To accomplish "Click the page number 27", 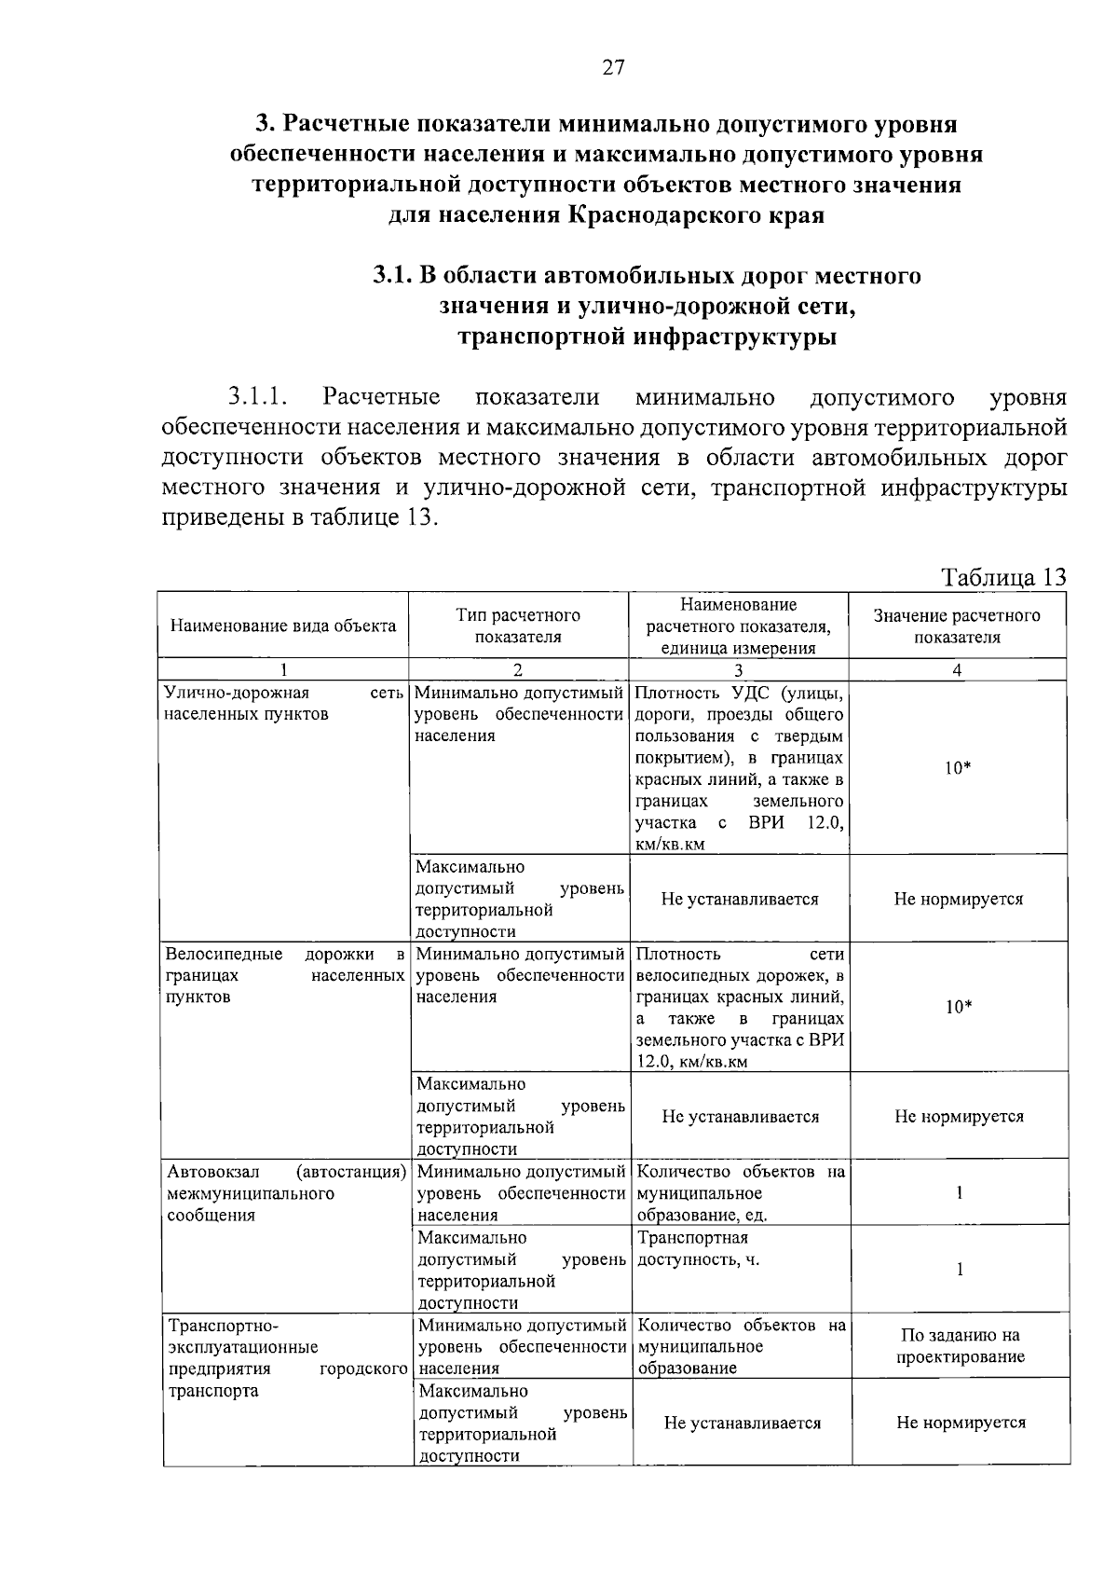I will tap(614, 67).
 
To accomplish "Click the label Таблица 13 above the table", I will tap(1003, 577).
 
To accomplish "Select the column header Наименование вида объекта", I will tap(282, 626).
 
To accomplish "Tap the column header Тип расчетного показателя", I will tap(518, 626).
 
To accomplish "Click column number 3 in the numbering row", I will tap(738, 669).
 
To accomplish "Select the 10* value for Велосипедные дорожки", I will tap(958, 1007).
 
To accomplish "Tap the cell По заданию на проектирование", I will tap(960, 1346).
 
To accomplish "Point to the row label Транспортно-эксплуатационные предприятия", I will tap(285, 1358).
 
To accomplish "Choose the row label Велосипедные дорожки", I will tap(285, 975).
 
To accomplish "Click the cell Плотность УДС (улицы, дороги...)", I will tap(739, 767).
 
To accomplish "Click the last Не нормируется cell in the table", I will tap(961, 1423).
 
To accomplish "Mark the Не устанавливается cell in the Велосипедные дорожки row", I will tap(740, 1117).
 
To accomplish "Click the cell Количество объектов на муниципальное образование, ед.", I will tap(741, 1193).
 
